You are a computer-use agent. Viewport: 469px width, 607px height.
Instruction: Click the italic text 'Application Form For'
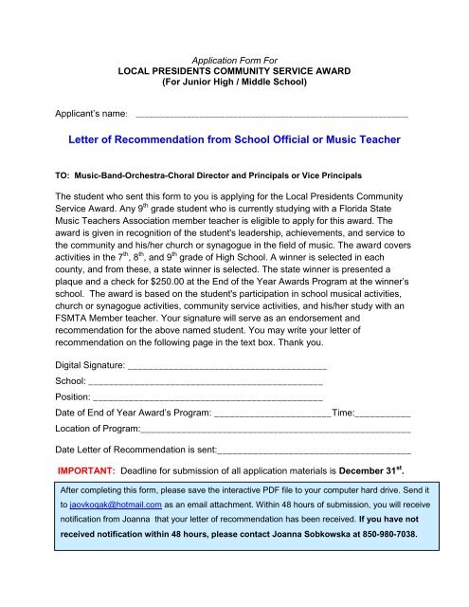235,58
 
